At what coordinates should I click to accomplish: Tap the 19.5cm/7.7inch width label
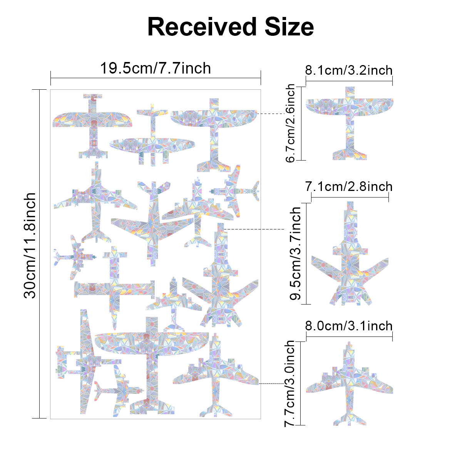156,69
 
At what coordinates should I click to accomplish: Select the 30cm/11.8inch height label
30,246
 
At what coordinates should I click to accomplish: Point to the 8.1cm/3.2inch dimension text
349,70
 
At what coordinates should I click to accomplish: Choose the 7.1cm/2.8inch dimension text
349,187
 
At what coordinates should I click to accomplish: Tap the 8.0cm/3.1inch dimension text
349,326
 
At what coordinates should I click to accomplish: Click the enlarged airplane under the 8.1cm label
350,115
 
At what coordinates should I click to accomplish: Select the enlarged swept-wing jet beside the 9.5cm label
350,262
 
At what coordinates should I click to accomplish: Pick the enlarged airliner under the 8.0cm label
350,385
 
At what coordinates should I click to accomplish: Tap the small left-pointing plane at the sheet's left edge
73,256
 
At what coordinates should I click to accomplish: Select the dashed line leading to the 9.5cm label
254,229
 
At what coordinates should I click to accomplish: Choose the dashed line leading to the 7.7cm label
271,383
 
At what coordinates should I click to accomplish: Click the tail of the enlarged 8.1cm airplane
350,154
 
